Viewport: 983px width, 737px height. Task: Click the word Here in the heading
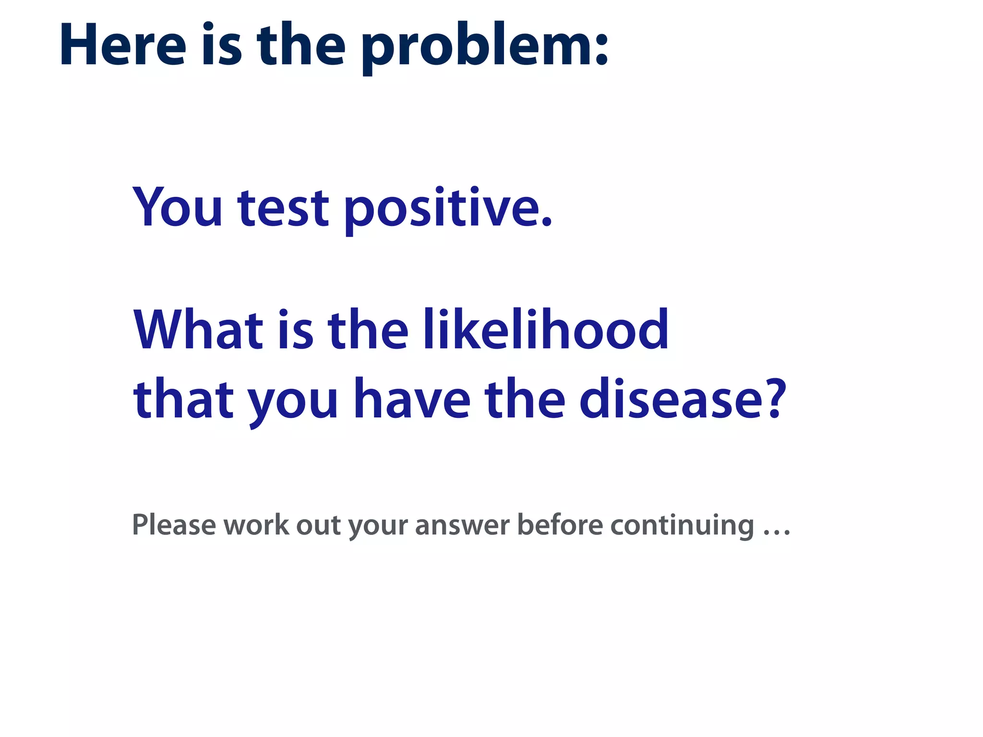(x=122, y=46)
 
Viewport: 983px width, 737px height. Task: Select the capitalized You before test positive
(x=178, y=207)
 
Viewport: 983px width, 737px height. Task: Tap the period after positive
(x=546, y=222)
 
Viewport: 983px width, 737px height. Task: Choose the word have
(x=412, y=399)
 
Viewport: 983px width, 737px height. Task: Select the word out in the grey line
(x=318, y=525)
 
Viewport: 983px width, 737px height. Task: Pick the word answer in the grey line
(x=462, y=525)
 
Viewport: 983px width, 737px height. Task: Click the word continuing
(x=682, y=525)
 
